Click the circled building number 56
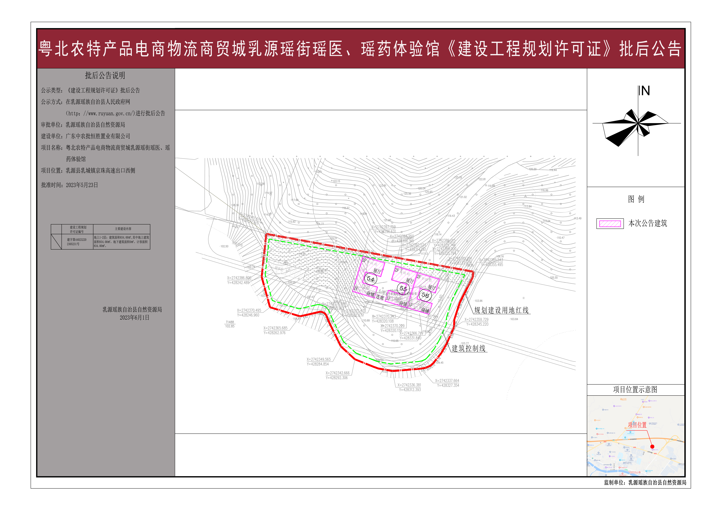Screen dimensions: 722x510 [425, 295]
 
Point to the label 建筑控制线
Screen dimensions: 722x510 [469, 348]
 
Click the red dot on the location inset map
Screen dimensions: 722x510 [652, 447]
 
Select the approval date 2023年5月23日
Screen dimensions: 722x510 [82, 185]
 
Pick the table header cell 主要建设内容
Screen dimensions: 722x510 [123, 229]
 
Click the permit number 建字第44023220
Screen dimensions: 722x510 [76, 240]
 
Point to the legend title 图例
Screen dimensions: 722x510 [636, 199]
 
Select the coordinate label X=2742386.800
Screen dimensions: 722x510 [239, 278]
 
